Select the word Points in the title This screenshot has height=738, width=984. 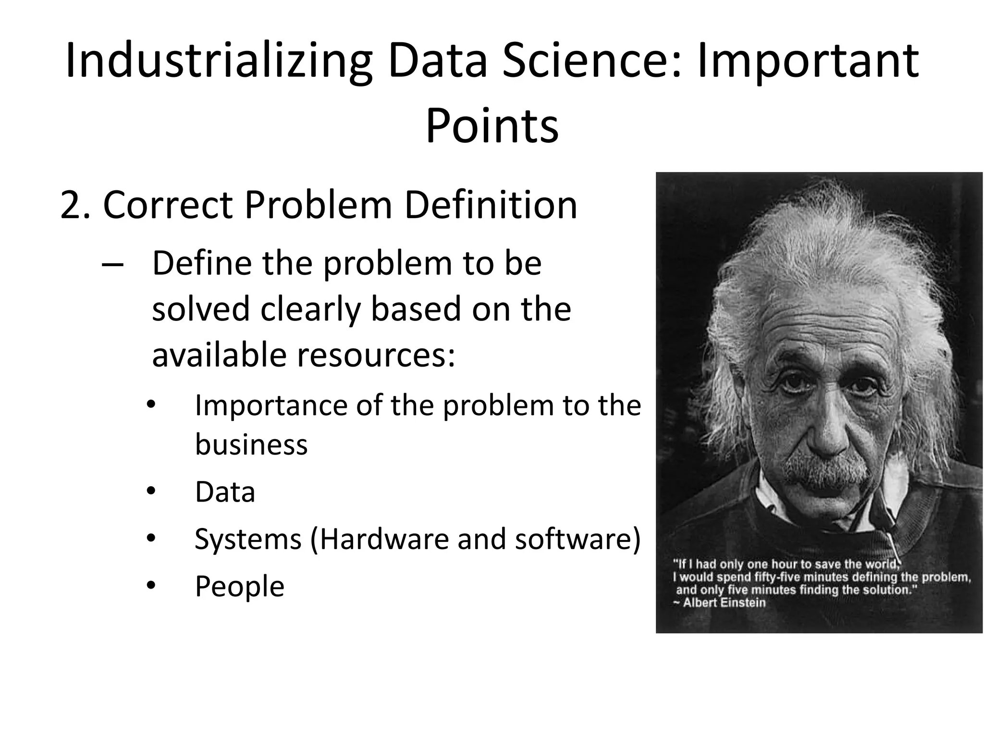tap(492, 126)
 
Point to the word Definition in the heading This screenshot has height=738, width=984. tap(490, 206)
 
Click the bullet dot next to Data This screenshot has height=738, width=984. tap(152, 492)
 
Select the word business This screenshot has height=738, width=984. tap(251, 444)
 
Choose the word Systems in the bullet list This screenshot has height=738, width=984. tap(248, 539)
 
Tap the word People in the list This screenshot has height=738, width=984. tap(239, 586)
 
